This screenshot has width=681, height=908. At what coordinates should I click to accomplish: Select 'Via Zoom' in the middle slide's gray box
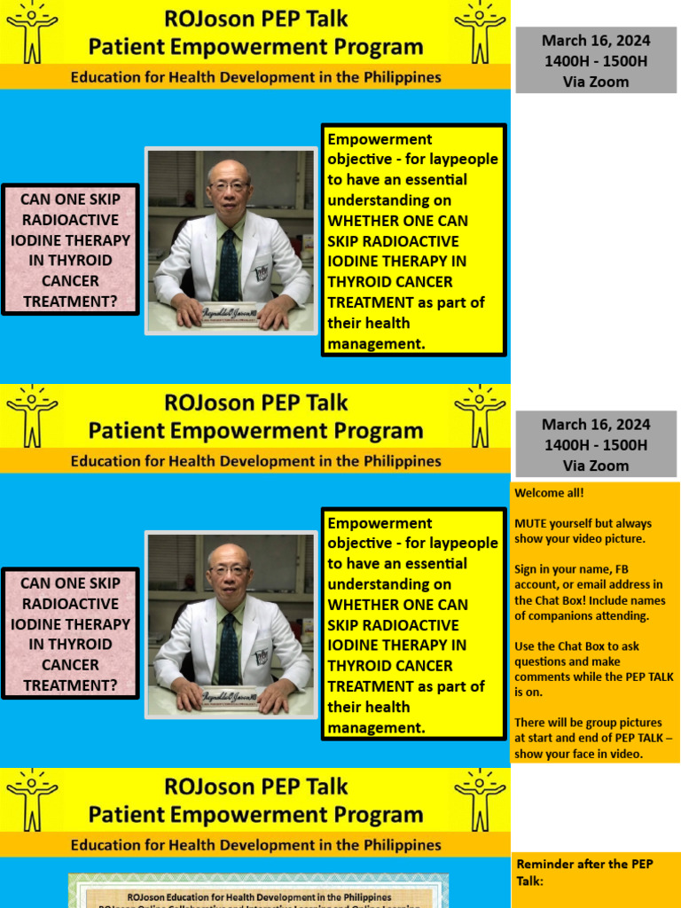tap(596, 466)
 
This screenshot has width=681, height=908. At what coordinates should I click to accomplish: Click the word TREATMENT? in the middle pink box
tap(70, 685)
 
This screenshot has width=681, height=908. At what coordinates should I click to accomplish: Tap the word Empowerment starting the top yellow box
tap(367, 139)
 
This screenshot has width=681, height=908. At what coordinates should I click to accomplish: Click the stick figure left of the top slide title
tap(32, 32)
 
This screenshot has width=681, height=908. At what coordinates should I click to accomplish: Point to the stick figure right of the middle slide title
tap(480, 415)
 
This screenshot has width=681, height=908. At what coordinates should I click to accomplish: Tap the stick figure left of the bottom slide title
tap(32, 799)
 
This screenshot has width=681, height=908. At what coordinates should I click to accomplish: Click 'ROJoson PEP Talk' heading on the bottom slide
tap(256, 787)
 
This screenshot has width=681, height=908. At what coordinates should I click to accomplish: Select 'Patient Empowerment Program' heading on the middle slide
tap(256, 431)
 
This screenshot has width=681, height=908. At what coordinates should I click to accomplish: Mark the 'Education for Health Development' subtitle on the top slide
tap(256, 77)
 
